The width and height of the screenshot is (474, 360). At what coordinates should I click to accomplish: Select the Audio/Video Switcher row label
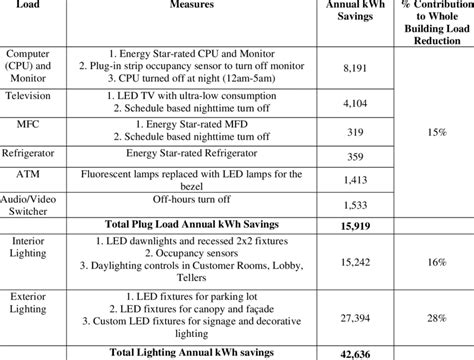tap(33, 207)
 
